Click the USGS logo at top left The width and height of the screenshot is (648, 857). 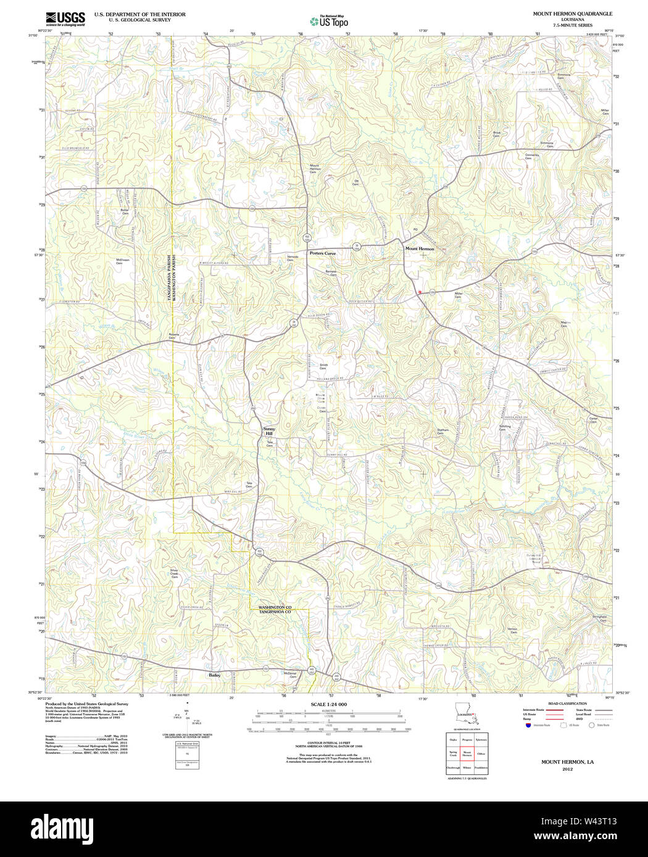pyautogui.click(x=65, y=18)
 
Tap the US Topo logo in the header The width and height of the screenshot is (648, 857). pyautogui.click(x=329, y=22)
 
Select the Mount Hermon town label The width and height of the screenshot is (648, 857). pyautogui.click(x=420, y=249)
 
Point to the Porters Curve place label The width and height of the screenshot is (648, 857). pyautogui.click(x=323, y=253)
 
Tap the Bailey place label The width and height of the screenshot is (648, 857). pyautogui.click(x=214, y=675)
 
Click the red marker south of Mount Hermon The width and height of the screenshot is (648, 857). pyautogui.click(x=420, y=292)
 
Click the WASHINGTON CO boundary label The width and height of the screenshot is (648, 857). pyautogui.click(x=275, y=607)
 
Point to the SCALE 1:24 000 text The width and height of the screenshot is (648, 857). pyautogui.click(x=329, y=704)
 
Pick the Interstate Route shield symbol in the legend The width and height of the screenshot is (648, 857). pyautogui.click(x=526, y=726)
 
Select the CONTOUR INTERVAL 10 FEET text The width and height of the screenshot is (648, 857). pyautogui.click(x=328, y=743)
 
